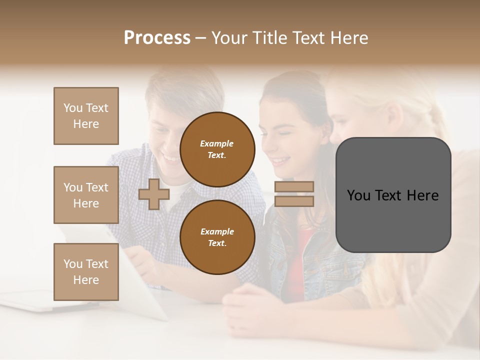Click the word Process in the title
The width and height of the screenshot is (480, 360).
[x=157, y=38]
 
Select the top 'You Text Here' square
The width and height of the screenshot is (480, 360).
[x=86, y=116]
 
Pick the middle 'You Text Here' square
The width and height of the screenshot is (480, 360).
[x=86, y=195]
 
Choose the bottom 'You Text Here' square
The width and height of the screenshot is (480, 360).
[x=86, y=271]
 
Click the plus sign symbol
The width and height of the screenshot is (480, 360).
[x=153, y=194]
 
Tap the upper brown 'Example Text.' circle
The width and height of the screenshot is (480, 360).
[x=217, y=149]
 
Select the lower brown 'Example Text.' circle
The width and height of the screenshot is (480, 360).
[x=217, y=237]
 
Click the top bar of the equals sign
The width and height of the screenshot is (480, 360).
[x=294, y=186]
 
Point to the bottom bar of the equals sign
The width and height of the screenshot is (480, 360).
[x=294, y=201]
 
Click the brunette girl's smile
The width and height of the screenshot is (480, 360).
[x=281, y=160]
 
